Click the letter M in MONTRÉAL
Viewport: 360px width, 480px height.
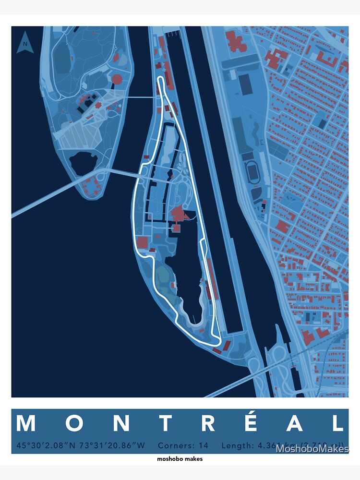click(26, 423)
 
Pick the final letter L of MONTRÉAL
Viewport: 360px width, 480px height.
click(338, 423)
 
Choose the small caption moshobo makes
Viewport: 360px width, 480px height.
click(180, 459)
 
